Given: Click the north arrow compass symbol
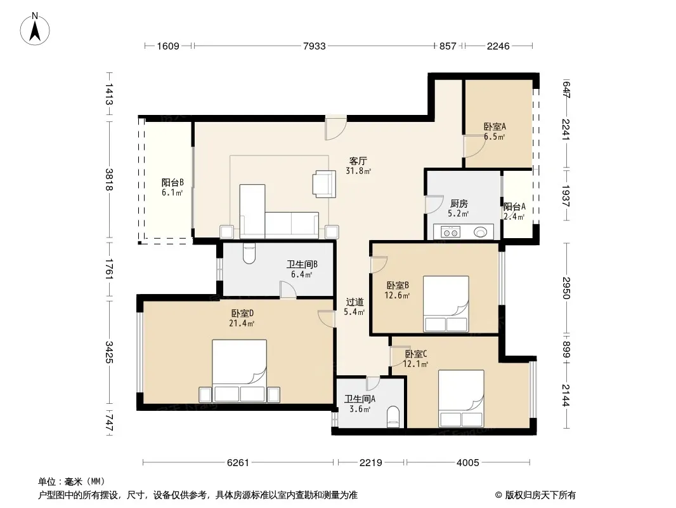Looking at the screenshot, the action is coord(35,29).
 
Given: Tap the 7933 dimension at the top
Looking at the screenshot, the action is coord(315,46).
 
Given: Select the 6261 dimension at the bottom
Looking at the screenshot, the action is coord(238,463).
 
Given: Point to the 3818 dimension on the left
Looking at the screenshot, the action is coord(110,180).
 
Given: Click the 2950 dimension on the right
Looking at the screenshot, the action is coord(566,288).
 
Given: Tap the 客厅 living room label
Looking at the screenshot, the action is coord(358,161).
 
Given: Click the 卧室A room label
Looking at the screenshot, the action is coord(495,126).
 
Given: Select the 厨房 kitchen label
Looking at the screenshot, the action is coord(458,203).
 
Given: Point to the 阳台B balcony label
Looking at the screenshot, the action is coord(172,183).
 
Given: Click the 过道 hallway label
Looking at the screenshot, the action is coord(354,302).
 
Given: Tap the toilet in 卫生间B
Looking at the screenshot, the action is coord(249,253).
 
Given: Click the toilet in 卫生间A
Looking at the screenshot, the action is coord(393,417).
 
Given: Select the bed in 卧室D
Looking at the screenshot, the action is coord(239,371).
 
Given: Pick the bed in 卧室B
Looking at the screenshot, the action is coord(446,304).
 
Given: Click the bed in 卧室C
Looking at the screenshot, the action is coord(461,398).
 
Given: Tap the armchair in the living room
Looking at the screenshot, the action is coord(325,184).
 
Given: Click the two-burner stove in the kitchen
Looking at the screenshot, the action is coord(450,232).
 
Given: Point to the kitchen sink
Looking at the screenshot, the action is coord(480,232).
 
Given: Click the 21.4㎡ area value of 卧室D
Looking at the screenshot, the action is coord(242,323).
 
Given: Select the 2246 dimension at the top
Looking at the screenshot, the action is coord(498,46).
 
